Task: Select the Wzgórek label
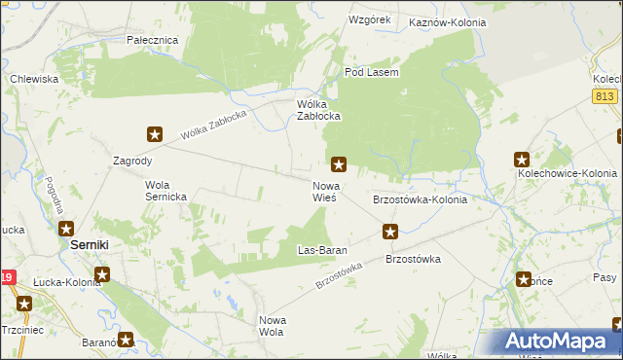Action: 369,19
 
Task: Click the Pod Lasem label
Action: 372,73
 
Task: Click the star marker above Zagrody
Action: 155,134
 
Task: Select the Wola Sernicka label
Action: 171,190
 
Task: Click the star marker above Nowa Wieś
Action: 339,163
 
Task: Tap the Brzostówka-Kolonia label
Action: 420,199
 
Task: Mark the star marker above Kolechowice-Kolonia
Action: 522,159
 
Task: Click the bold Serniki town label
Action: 94,246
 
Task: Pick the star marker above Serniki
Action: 66,230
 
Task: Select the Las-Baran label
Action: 321,251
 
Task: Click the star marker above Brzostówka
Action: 390,232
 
